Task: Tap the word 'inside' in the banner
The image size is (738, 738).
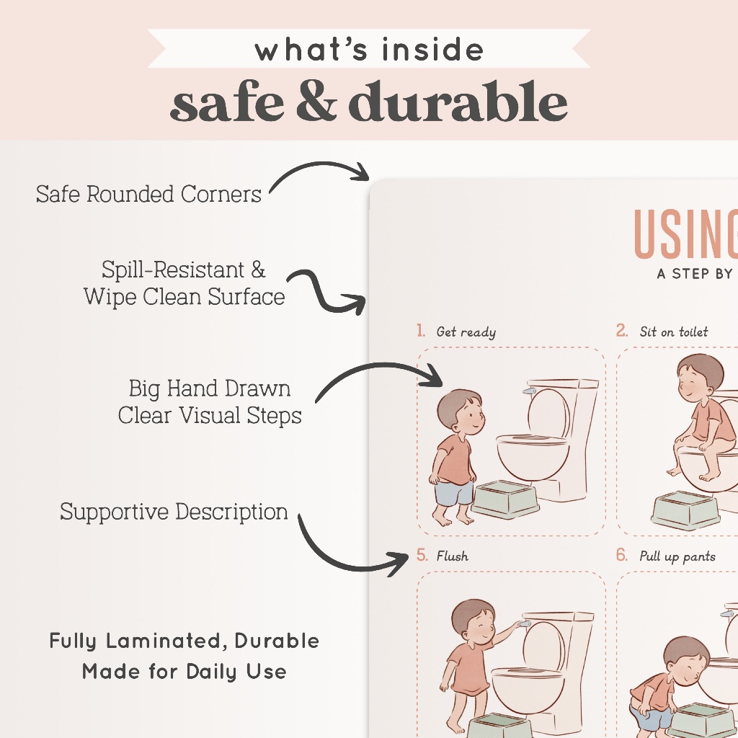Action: (x=432, y=50)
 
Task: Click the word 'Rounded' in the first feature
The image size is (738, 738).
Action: (x=130, y=194)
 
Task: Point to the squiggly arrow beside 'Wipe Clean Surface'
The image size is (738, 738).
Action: (x=325, y=293)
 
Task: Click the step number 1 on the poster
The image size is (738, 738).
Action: (x=420, y=330)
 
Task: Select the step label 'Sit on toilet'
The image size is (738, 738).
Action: (x=674, y=332)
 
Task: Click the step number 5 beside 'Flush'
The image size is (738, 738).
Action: (x=422, y=555)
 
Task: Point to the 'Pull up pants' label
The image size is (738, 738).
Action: (x=677, y=556)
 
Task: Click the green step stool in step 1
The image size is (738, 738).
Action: (x=505, y=500)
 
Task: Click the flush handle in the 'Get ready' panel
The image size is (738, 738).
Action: (x=529, y=391)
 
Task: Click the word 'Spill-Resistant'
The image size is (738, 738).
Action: (x=173, y=270)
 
